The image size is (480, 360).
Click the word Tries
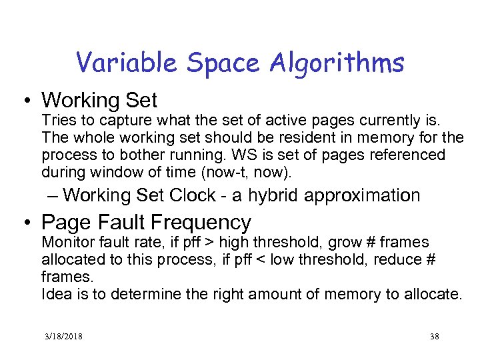tap(57, 121)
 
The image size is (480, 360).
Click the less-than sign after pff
tap(287, 259)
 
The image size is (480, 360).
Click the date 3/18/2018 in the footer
tap(61, 337)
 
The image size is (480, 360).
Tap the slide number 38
tap(435, 337)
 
